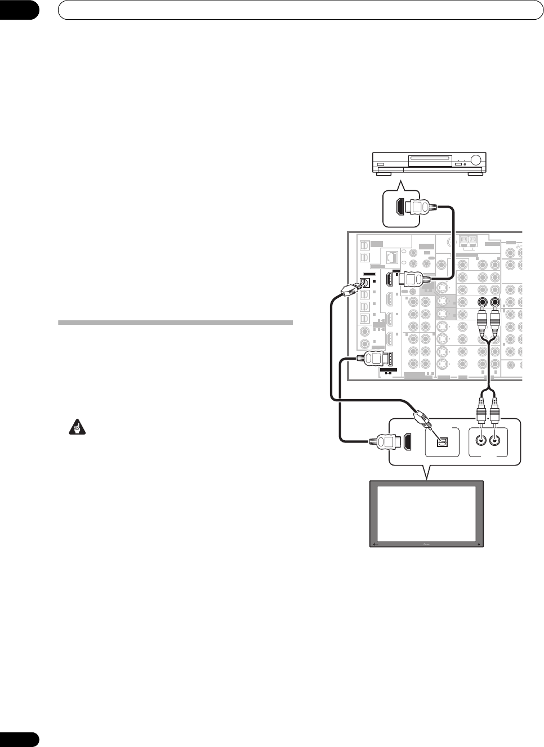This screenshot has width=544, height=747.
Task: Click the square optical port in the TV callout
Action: pyautogui.click(x=443, y=443)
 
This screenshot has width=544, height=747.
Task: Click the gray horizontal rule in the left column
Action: pyautogui.click(x=175, y=323)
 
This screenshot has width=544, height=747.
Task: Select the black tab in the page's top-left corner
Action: pyautogui.click(x=19, y=10)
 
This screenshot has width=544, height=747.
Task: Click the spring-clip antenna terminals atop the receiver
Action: pyautogui.click(x=469, y=240)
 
